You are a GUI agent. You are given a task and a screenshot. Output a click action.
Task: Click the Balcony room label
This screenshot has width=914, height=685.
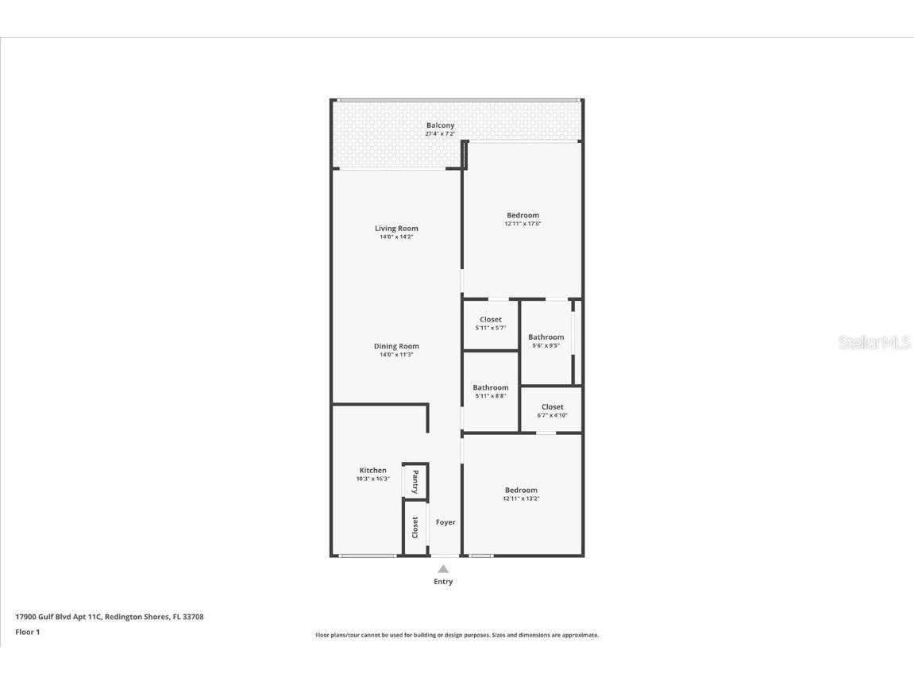[x=440, y=125]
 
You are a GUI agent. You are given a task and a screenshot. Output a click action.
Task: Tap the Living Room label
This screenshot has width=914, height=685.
[x=396, y=229]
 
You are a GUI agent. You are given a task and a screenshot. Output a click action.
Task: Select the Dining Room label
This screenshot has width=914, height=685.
[x=396, y=346]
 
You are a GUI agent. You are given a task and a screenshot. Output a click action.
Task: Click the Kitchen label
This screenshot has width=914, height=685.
[x=372, y=471]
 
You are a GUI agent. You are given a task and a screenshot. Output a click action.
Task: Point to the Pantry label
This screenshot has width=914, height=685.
[x=415, y=481]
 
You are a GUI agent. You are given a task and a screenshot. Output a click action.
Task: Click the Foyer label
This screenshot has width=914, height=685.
[x=445, y=522]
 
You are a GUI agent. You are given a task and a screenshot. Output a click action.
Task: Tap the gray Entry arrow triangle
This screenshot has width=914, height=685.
[x=443, y=568]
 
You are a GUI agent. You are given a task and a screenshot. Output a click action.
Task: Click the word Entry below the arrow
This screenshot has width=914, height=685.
[x=443, y=582]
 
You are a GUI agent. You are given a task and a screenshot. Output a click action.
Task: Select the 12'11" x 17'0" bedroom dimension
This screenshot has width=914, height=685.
[x=523, y=224]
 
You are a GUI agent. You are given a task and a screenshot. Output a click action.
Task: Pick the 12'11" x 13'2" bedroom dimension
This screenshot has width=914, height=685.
[x=521, y=498]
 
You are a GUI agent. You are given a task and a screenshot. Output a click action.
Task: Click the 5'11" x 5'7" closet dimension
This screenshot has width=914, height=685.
[x=491, y=328]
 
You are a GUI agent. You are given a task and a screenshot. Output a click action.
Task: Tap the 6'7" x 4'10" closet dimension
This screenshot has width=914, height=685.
[x=553, y=415]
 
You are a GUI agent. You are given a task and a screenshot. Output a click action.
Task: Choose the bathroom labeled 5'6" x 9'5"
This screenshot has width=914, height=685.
[x=546, y=337]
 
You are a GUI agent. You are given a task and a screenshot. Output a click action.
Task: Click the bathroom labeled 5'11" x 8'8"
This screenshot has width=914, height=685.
[x=491, y=388]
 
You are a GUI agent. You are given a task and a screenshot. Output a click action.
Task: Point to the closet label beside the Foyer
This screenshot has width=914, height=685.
[x=415, y=527]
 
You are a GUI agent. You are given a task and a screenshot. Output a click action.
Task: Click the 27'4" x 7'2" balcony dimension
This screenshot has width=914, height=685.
[x=440, y=134]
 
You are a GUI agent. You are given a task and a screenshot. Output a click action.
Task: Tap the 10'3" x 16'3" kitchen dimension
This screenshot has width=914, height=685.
[x=372, y=479]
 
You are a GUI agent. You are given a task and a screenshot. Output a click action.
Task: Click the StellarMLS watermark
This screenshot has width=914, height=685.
[x=874, y=343]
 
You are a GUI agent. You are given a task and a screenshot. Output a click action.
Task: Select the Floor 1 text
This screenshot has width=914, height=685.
[x=27, y=632]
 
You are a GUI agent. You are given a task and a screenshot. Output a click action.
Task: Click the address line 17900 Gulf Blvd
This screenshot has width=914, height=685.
[x=110, y=617]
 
